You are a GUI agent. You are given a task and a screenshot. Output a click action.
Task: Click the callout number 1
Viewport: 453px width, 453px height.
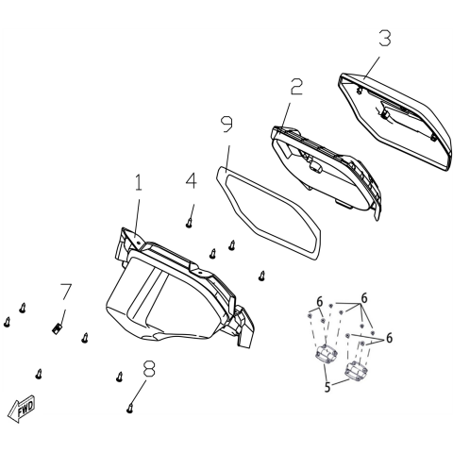click(138, 183)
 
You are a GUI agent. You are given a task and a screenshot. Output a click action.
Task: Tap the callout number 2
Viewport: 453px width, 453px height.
click(296, 87)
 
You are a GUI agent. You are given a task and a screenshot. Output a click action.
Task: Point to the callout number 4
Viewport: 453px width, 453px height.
click(191, 179)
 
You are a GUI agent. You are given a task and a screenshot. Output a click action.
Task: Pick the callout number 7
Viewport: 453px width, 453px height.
click(65, 291)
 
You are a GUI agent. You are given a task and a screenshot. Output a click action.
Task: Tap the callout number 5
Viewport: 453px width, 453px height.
click(326, 387)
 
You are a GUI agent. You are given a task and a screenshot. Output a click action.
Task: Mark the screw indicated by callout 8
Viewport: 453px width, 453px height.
click(129, 408)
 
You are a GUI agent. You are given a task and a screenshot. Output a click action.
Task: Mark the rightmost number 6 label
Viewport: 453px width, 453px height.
click(388, 337)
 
